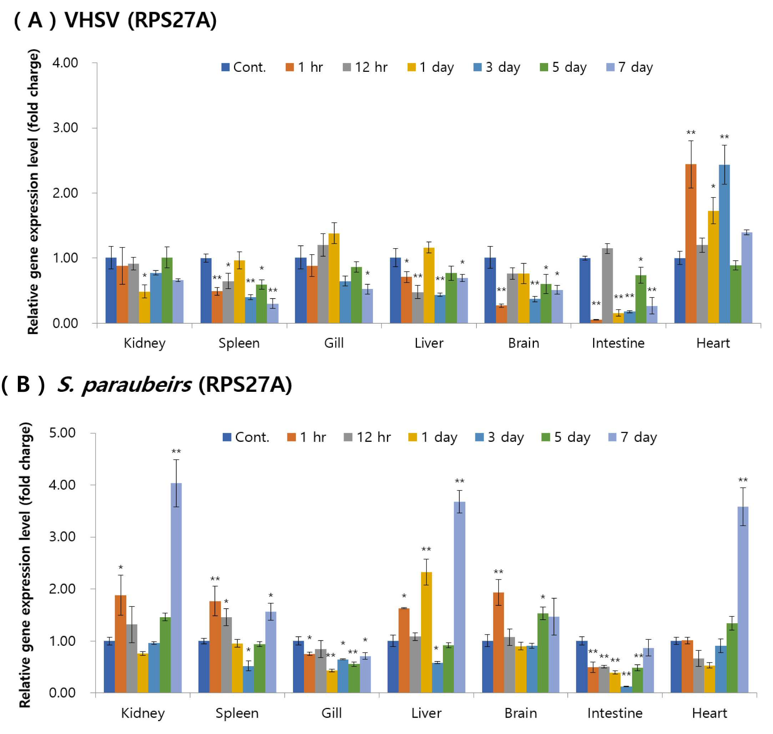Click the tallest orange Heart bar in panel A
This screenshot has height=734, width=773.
pyautogui.click(x=691, y=243)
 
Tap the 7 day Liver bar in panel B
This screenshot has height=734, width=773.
pyautogui.click(x=459, y=597)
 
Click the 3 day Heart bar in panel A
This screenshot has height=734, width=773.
pyautogui.click(x=724, y=244)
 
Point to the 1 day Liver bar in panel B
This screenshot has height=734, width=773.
pyautogui.click(x=426, y=632)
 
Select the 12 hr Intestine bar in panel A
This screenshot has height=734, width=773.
pyautogui.click(x=607, y=286)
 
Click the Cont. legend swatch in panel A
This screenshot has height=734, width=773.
pyautogui.click(x=225, y=67)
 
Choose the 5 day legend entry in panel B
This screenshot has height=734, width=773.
pyautogui.click(x=566, y=437)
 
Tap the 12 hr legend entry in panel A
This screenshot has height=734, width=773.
pyautogui.click(x=365, y=67)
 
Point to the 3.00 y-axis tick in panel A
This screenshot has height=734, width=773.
pyautogui.click(x=65, y=128)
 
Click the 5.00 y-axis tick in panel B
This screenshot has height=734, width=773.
pyautogui.click(x=62, y=433)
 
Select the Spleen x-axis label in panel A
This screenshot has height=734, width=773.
pyautogui.click(x=239, y=343)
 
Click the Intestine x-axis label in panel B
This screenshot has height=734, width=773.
pyautogui.click(x=615, y=713)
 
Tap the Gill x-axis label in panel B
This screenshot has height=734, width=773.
pyautogui.click(x=332, y=713)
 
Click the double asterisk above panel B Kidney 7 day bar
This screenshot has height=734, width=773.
pyautogui.click(x=176, y=451)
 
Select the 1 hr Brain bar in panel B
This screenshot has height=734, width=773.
pyautogui.click(x=499, y=643)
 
